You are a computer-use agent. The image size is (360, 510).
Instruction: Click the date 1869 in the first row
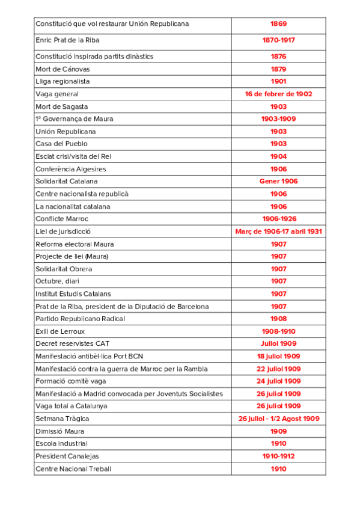point(278,24)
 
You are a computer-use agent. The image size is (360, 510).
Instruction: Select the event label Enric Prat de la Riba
point(67,40)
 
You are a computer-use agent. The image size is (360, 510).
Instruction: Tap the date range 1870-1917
point(278,40)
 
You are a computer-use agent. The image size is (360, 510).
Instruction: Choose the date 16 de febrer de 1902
point(278,94)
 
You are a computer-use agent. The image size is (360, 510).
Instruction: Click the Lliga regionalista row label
point(63,82)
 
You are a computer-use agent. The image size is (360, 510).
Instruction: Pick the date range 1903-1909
point(278,119)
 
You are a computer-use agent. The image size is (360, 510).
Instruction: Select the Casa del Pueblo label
point(61,144)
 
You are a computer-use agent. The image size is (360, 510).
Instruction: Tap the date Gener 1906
point(278,182)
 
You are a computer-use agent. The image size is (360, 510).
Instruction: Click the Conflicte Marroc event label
point(62,219)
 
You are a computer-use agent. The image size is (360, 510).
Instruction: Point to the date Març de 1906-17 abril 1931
point(278,232)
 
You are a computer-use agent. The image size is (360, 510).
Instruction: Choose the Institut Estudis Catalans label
point(73,294)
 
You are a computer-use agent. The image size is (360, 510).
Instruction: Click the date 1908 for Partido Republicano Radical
point(278,319)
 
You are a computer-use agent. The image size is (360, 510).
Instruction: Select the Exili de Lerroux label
point(60,331)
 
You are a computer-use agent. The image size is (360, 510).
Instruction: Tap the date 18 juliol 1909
point(278,357)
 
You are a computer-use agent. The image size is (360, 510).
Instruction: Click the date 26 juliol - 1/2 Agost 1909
point(278,419)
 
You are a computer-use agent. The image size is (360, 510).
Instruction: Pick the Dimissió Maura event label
point(60,431)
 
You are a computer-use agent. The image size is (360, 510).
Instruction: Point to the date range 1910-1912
point(278,456)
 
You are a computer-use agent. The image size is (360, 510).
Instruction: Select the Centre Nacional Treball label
point(73,469)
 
